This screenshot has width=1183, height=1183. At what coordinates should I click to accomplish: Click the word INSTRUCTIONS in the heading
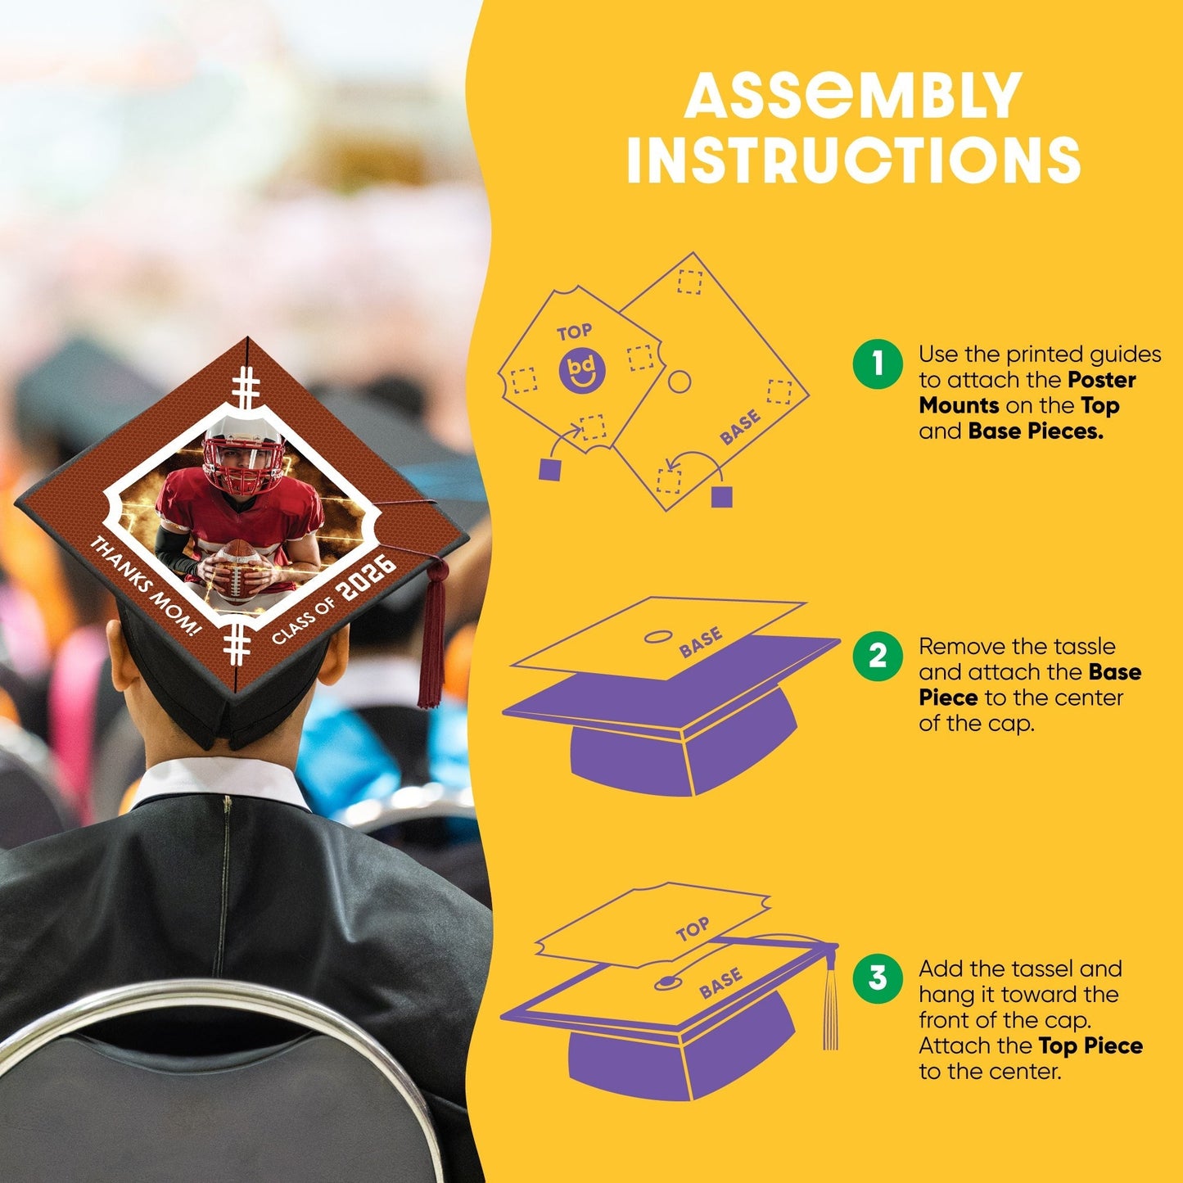click(853, 159)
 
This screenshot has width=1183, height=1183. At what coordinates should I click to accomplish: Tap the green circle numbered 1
click(878, 364)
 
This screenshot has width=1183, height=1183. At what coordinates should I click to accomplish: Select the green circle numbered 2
click(878, 656)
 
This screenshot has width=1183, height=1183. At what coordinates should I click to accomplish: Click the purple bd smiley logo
click(582, 370)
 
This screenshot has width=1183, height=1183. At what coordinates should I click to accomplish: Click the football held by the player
click(237, 571)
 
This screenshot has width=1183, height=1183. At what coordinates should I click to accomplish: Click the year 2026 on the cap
click(368, 578)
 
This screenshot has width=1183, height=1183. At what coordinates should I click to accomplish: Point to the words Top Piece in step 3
click(1090, 1045)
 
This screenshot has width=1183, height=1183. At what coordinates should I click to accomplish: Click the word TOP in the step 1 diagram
click(575, 332)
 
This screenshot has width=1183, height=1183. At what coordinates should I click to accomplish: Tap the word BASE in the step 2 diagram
click(701, 642)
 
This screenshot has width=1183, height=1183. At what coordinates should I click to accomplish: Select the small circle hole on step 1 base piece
click(679, 382)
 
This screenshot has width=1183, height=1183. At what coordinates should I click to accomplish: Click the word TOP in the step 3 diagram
click(693, 929)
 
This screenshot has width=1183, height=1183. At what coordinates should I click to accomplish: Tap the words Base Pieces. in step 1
click(1036, 431)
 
